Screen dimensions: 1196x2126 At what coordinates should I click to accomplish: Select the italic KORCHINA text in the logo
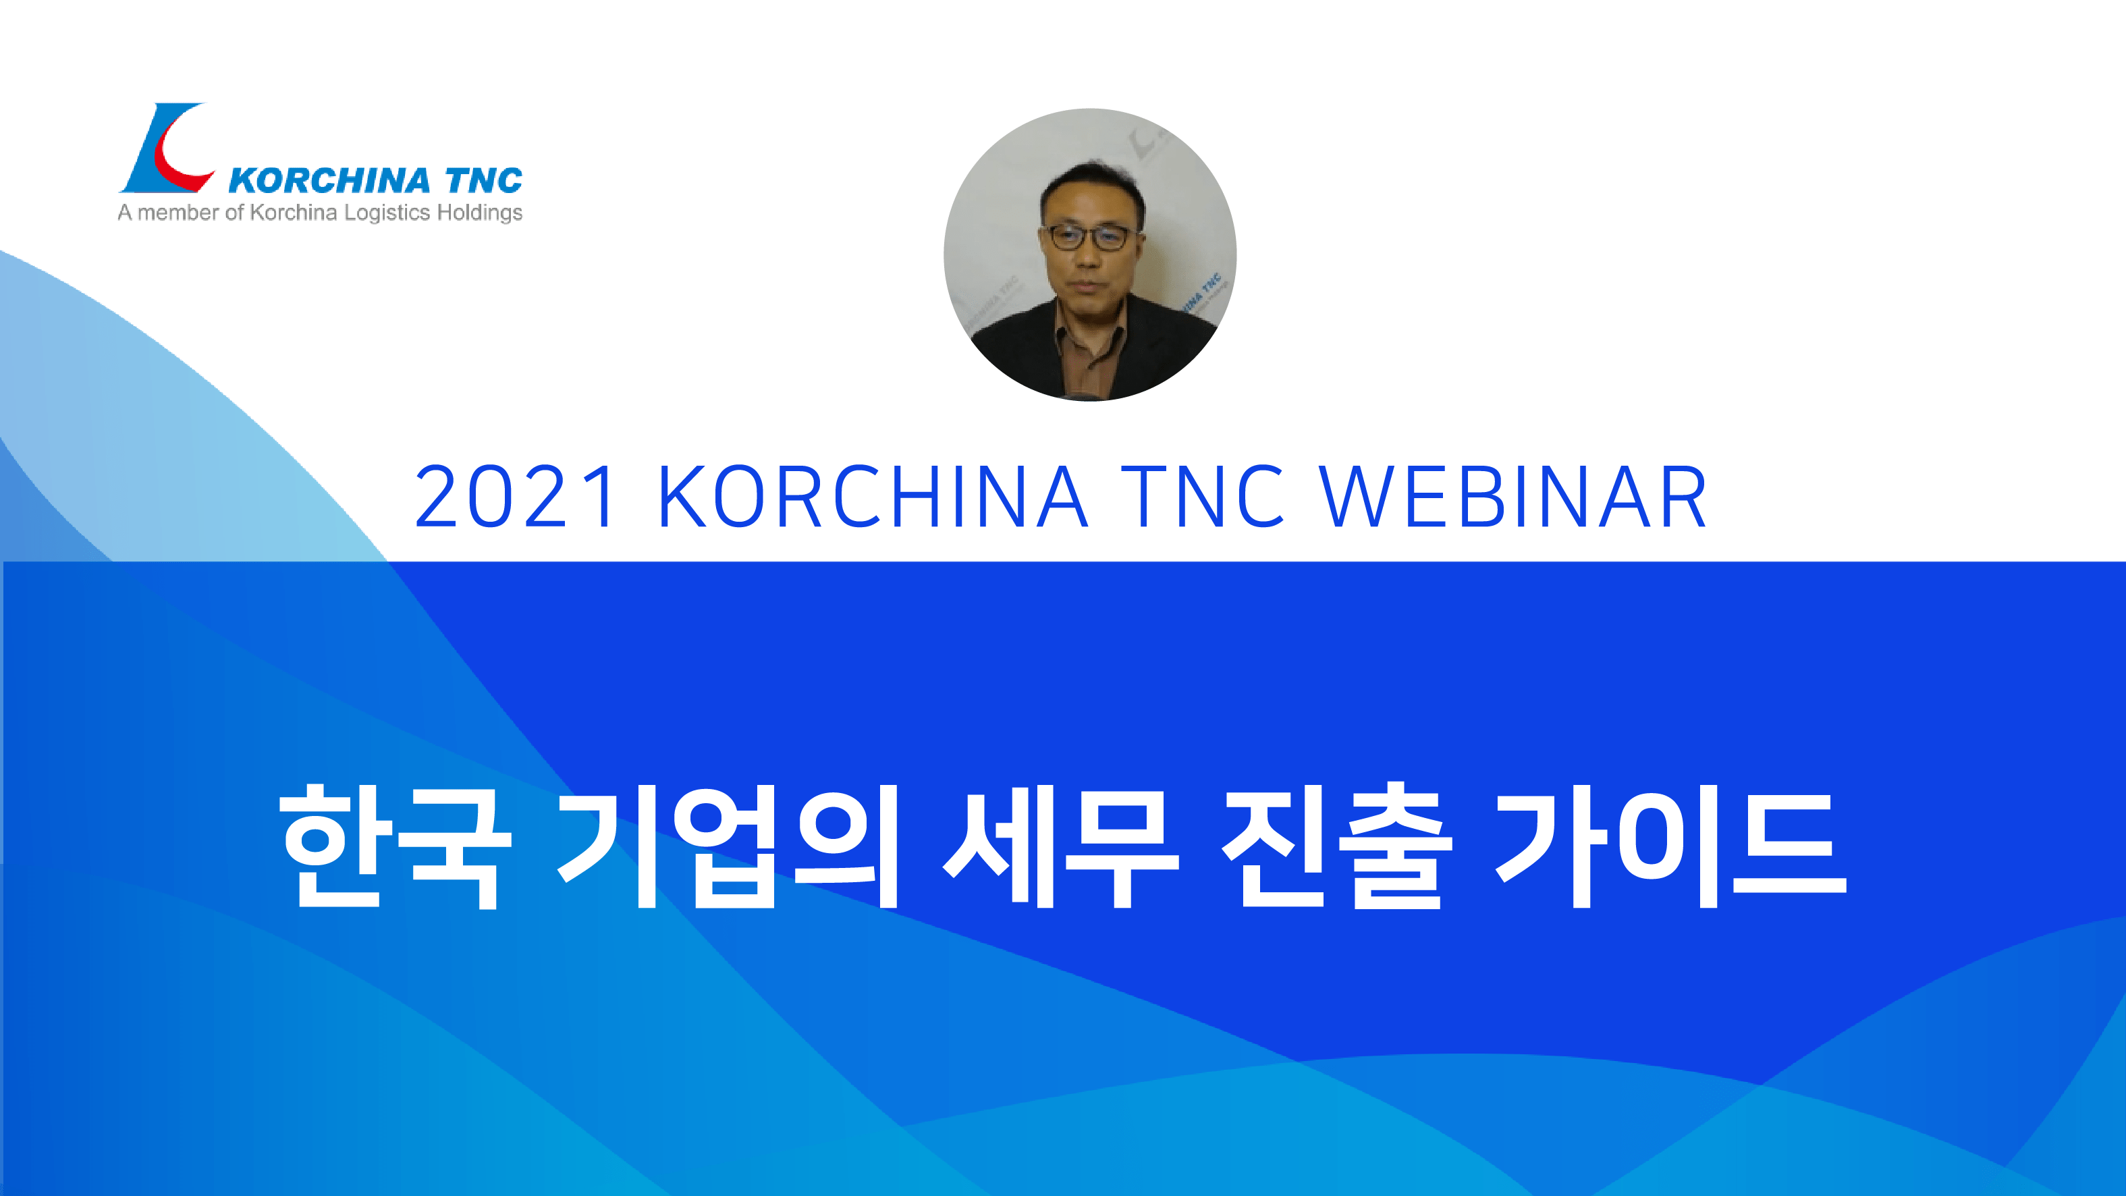[x=329, y=181]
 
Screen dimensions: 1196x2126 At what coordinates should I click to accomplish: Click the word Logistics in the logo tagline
[x=387, y=213]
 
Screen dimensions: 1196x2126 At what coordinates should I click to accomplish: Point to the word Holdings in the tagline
[x=479, y=213]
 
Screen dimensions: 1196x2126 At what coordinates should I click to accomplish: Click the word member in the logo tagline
[x=178, y=213]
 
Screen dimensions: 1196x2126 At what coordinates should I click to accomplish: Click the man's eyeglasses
[x=1089, y=238]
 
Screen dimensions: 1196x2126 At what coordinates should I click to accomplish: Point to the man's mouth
[x=1086, y=286]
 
